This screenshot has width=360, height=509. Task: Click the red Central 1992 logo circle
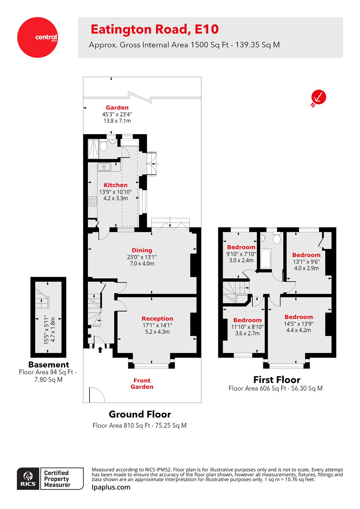click(x=37, y=37)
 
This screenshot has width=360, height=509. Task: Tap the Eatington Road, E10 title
click(x=155, y=29)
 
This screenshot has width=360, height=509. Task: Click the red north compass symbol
click(x=319, y=97)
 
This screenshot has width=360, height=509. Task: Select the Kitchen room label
click(x=116, y=185)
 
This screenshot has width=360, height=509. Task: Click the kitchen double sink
click(x=104, y=167)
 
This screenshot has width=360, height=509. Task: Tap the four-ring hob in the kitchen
click(x=92, y=201)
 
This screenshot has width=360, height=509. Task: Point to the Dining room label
click(x=142, y=250)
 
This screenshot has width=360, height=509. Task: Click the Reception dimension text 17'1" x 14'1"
click(x=157, y=325)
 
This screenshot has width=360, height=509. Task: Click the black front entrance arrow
click(x=100, y=350)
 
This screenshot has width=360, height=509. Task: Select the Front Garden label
click(x=142, y=384)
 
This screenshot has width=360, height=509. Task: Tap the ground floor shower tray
click(x=93, y=148)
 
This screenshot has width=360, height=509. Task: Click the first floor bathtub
click(x=265, y=259)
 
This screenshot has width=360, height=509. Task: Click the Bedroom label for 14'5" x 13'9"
click(x=299, y=317)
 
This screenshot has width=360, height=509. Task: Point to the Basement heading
click(x=48, y=365)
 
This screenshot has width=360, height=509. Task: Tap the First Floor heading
click(x=277, y=380)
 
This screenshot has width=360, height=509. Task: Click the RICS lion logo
click(x=28, y=478)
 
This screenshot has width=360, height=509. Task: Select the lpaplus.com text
click(x=111, y=487)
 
